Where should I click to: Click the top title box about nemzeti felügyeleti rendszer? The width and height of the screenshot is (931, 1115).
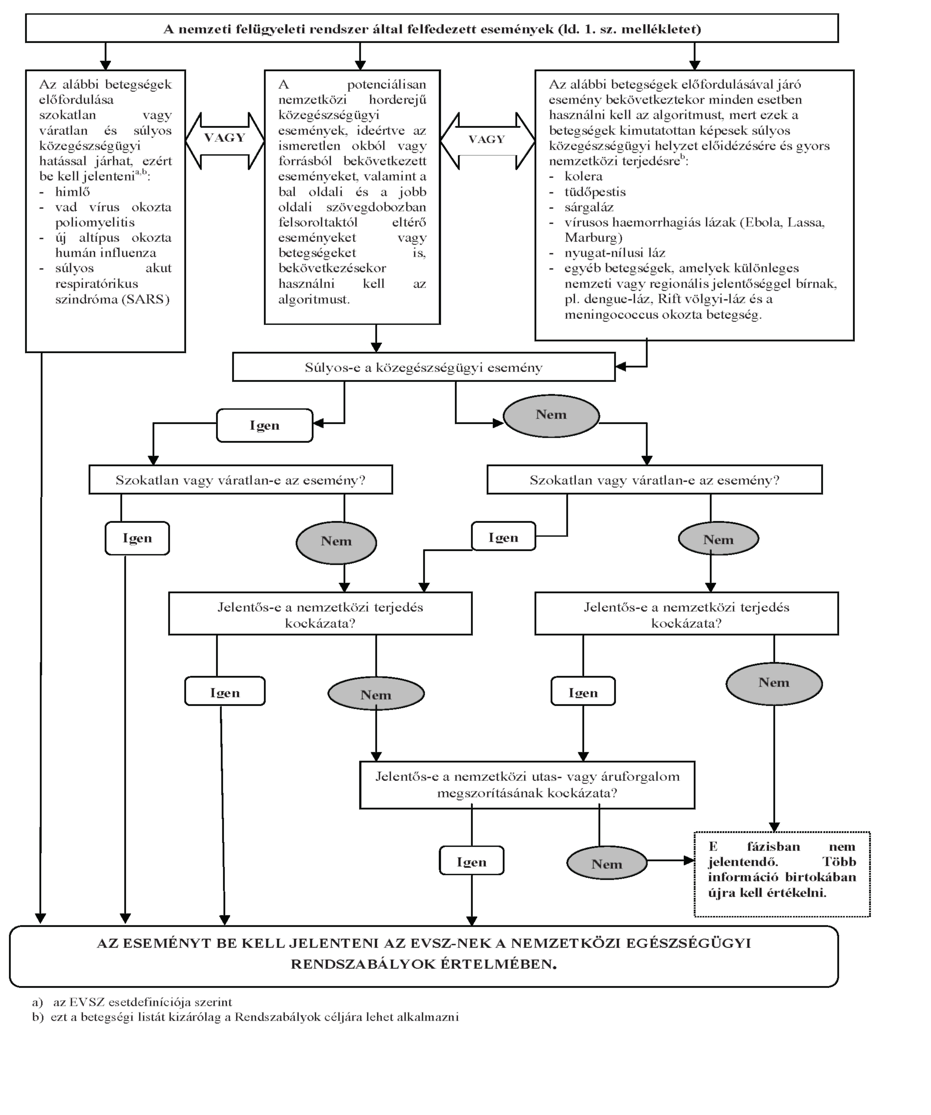click(432, 28)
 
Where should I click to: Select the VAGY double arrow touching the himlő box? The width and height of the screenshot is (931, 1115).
click(224, 140)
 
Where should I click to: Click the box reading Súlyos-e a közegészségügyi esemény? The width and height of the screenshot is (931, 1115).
click(424, 367)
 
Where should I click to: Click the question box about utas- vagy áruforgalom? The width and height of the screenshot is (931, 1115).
click(527, 785)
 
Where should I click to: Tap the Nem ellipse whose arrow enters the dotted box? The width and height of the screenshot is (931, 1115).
click(607, 863)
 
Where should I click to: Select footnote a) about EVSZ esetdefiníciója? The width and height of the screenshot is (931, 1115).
click(132, 1002)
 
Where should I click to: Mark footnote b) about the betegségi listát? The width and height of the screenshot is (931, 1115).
click(245, 1017)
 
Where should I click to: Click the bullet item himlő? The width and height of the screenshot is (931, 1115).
click(73, 192)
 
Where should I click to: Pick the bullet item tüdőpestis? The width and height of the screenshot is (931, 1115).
click(595, 192)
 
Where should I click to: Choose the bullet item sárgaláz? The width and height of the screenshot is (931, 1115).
click(589, 207)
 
